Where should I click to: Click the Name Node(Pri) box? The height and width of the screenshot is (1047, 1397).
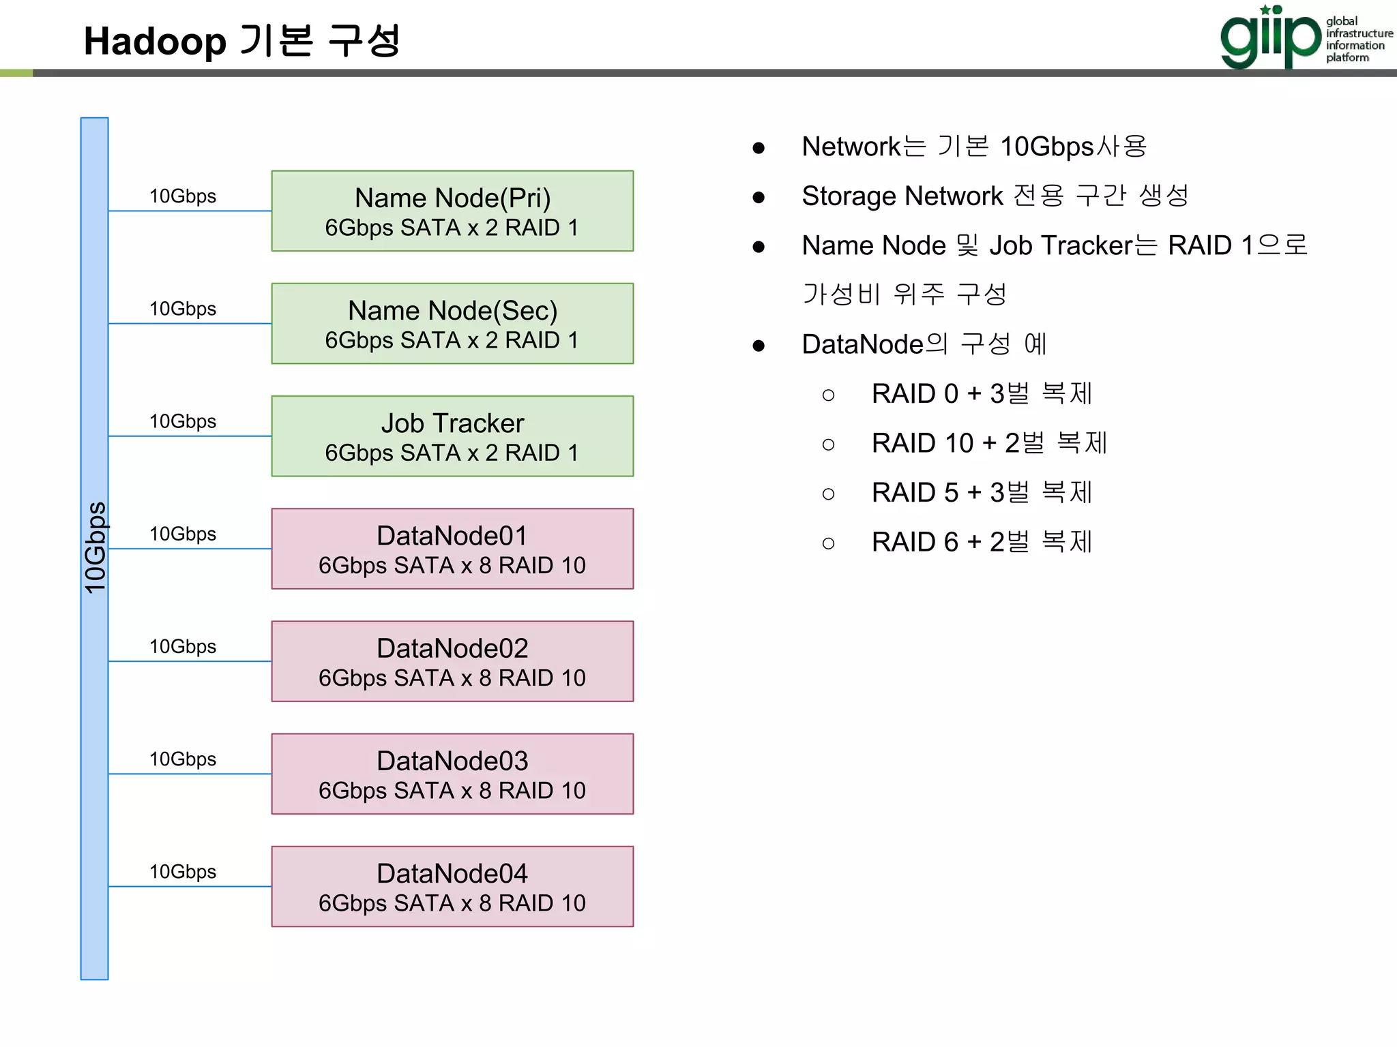[452, 211]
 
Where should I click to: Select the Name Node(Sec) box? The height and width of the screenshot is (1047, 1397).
[452, 324]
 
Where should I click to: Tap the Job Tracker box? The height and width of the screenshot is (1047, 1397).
[452, 436]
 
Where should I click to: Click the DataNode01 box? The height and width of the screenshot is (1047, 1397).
[452, 549]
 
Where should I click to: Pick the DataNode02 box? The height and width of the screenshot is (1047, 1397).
[452, 661]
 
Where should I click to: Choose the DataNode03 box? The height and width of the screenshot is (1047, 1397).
[452, 774]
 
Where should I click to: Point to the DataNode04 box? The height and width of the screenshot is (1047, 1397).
[452, 886]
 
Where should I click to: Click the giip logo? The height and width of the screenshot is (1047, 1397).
[1270, 37]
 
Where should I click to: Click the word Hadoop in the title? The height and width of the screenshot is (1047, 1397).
[155, 42]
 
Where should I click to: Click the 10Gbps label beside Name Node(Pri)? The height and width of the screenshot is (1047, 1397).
[183, 196]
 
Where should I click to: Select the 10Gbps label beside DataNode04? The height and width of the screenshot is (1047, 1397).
[183, 872]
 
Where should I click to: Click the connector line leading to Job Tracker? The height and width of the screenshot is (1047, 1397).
[190, 436]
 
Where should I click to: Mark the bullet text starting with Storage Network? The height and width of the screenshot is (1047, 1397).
[995, 196]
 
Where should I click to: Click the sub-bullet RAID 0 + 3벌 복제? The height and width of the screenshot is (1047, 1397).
[982, 394]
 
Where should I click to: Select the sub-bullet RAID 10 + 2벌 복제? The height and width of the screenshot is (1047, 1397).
[989, 443]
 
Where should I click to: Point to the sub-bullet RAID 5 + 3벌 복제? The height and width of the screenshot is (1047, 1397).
[982, 493]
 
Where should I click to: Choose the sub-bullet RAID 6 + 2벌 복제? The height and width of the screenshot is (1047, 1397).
[982, 543]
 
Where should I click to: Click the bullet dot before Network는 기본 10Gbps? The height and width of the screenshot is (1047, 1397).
[759, 148]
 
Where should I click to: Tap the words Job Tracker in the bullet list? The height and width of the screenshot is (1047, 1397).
[1060, 246]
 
